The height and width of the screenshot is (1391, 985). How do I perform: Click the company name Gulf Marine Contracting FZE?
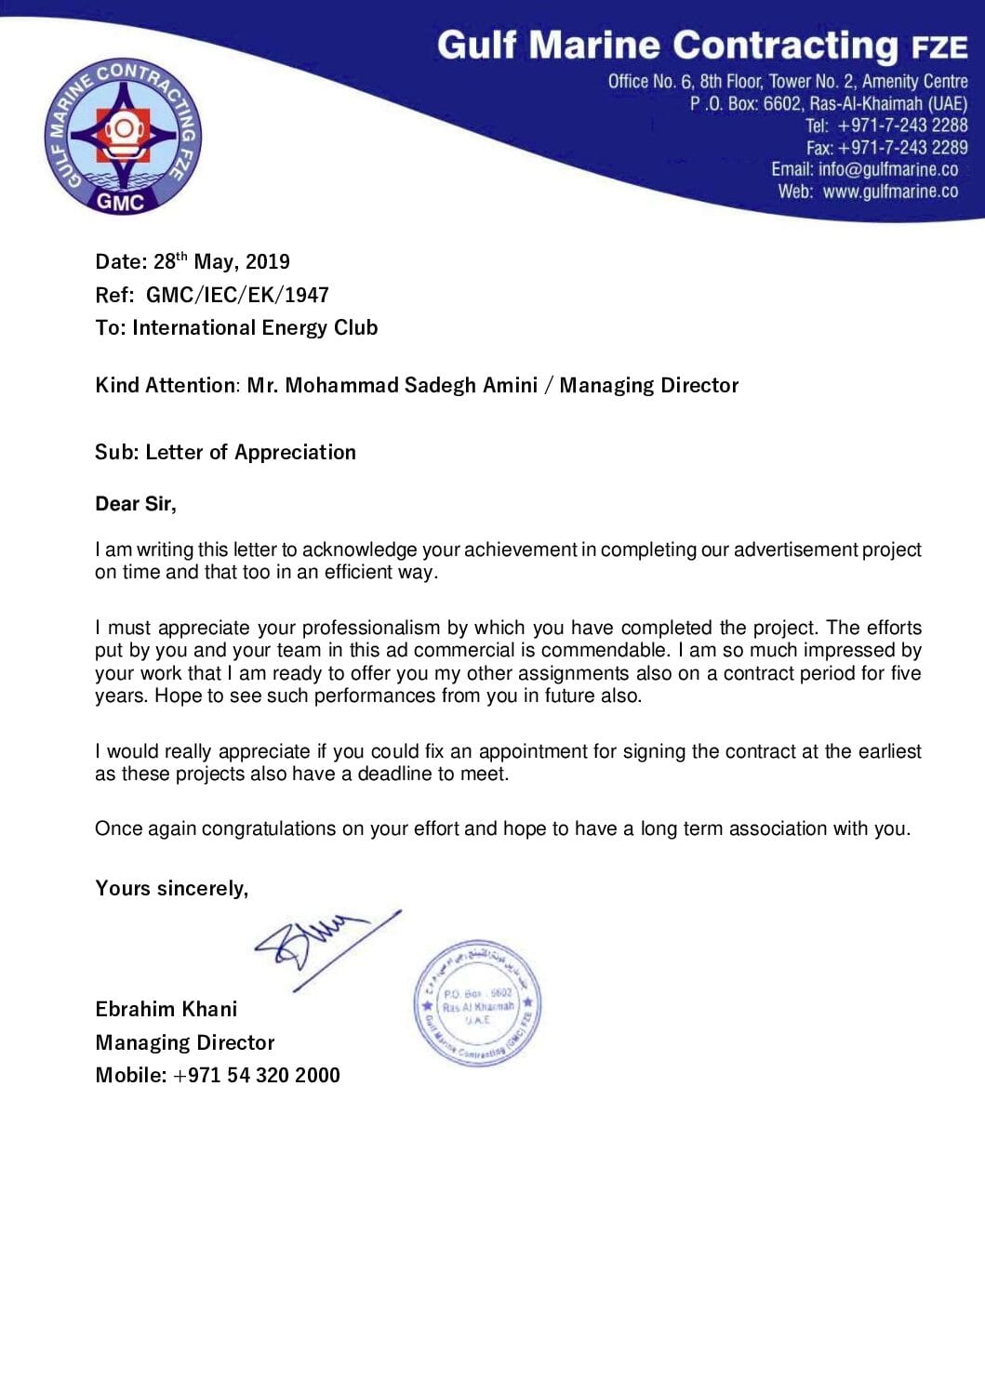click(x=702, y=46)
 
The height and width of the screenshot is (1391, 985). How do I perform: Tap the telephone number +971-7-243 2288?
click(x=902, y=126)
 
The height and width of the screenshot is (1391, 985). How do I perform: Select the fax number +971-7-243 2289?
click(x=902, y=148)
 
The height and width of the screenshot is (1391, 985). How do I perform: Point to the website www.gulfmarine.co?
click(x=890, y=192)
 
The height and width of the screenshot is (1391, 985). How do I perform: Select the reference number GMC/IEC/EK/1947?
click(x=237, y=296)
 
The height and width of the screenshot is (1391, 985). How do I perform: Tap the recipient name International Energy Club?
click(x=255, y=328)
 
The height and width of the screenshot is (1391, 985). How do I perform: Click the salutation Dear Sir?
click(x=135, y=504)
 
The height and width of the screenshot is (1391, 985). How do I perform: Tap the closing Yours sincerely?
click(x=171, y=889)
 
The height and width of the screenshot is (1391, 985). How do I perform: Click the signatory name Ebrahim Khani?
click(x=166, y=1010)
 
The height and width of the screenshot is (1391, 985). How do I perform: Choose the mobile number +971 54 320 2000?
click(x=256, y=1076)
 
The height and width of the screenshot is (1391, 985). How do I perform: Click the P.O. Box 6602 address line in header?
click(x=828, y=103)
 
